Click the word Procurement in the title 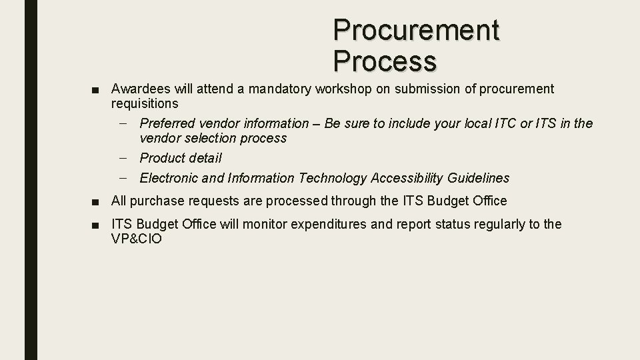tap(416, 29)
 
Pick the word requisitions tap(145, 103)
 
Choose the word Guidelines tap(478, 178)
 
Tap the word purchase tap(156, 201)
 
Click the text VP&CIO tap(136, 239)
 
